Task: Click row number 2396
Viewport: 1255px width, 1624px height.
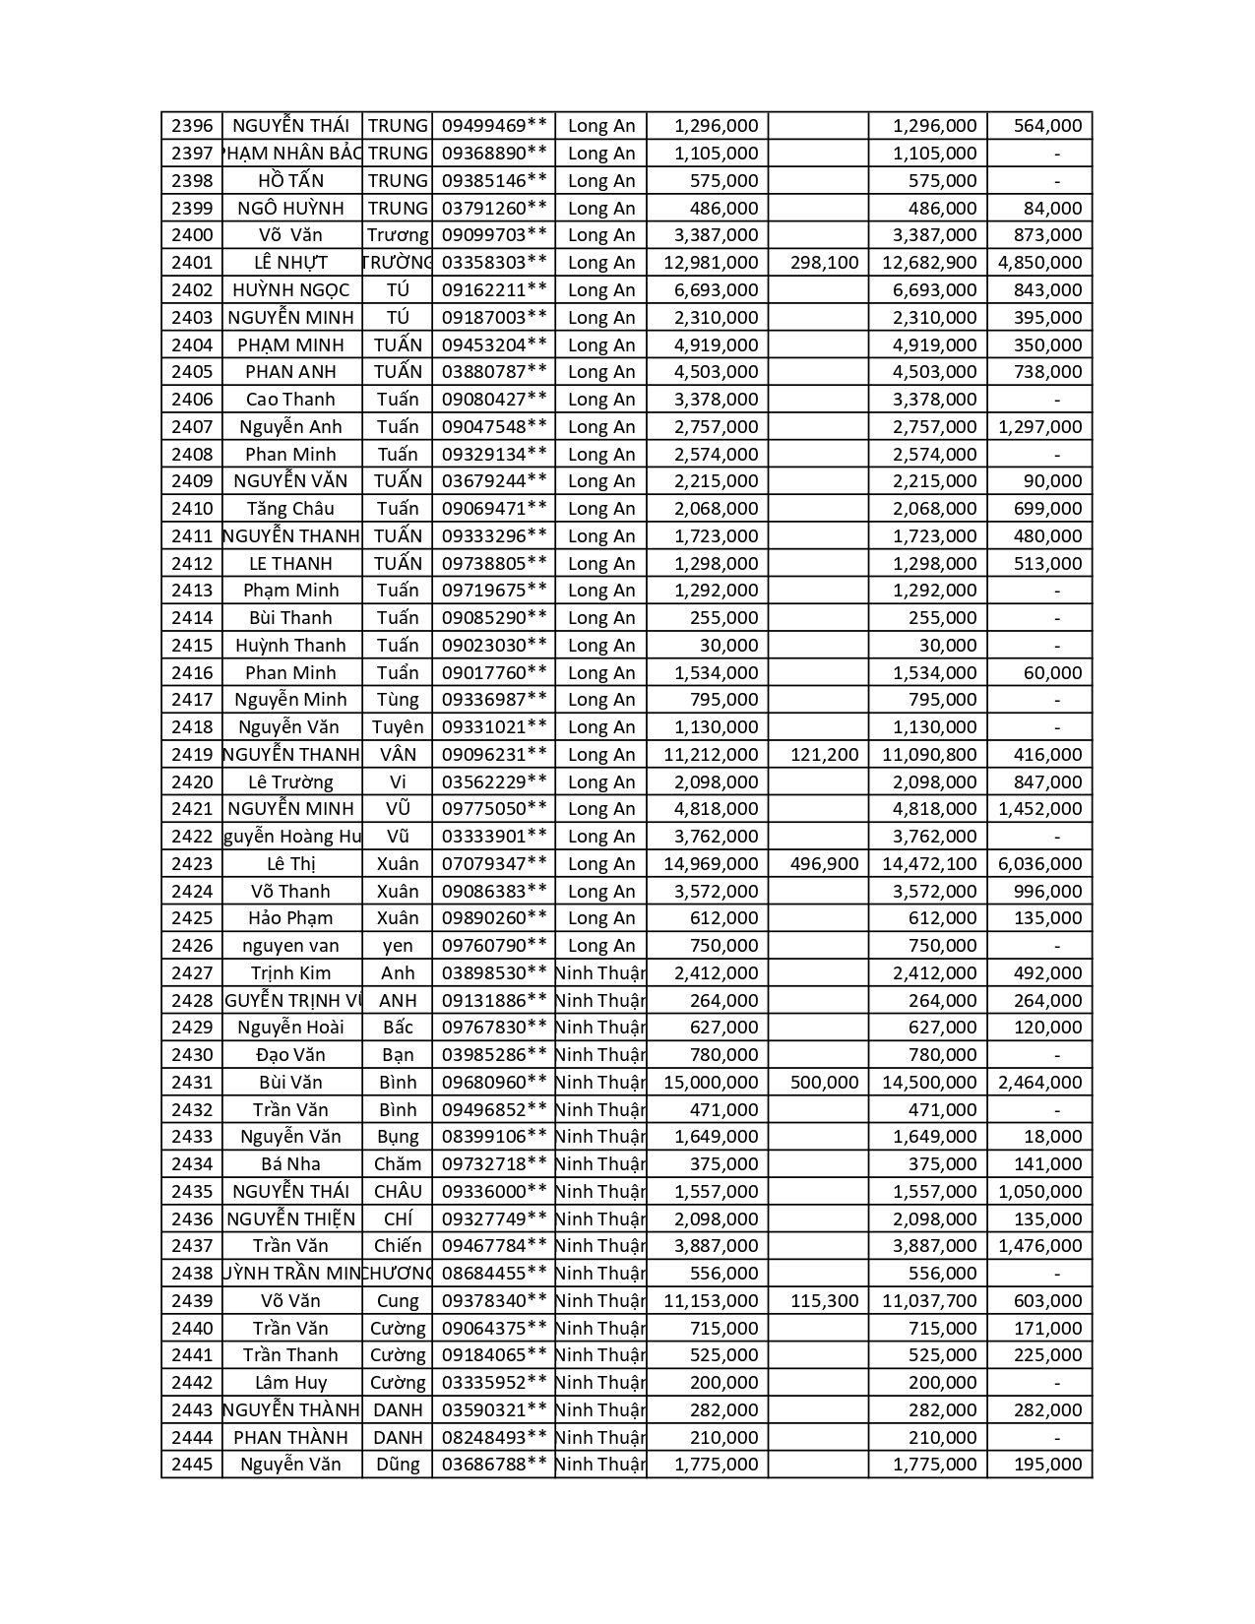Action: coord(192,126)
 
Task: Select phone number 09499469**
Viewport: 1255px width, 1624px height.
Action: coord(494,126)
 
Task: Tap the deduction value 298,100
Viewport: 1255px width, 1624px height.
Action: coord(825,263)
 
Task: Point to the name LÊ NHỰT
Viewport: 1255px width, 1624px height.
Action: coord(290,263)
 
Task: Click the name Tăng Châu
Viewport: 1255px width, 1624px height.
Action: coord(290,509)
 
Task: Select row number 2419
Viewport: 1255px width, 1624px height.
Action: coord(192,755)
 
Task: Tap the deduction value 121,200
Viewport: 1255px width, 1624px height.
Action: coord(825,755)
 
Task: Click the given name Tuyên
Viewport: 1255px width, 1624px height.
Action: coord(398,727)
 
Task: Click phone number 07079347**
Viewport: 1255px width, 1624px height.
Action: coord(494,864)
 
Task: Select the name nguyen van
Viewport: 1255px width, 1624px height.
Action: coord(290,946)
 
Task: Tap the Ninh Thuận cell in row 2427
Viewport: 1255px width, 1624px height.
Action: coord(600,973)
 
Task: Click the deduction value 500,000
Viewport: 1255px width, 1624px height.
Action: coord(825,1083)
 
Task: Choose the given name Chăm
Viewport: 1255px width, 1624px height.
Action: coord(398,1164)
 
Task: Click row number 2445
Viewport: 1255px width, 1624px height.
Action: coord(192,1465)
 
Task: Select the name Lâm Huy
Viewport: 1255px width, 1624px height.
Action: coord(290,1383)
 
